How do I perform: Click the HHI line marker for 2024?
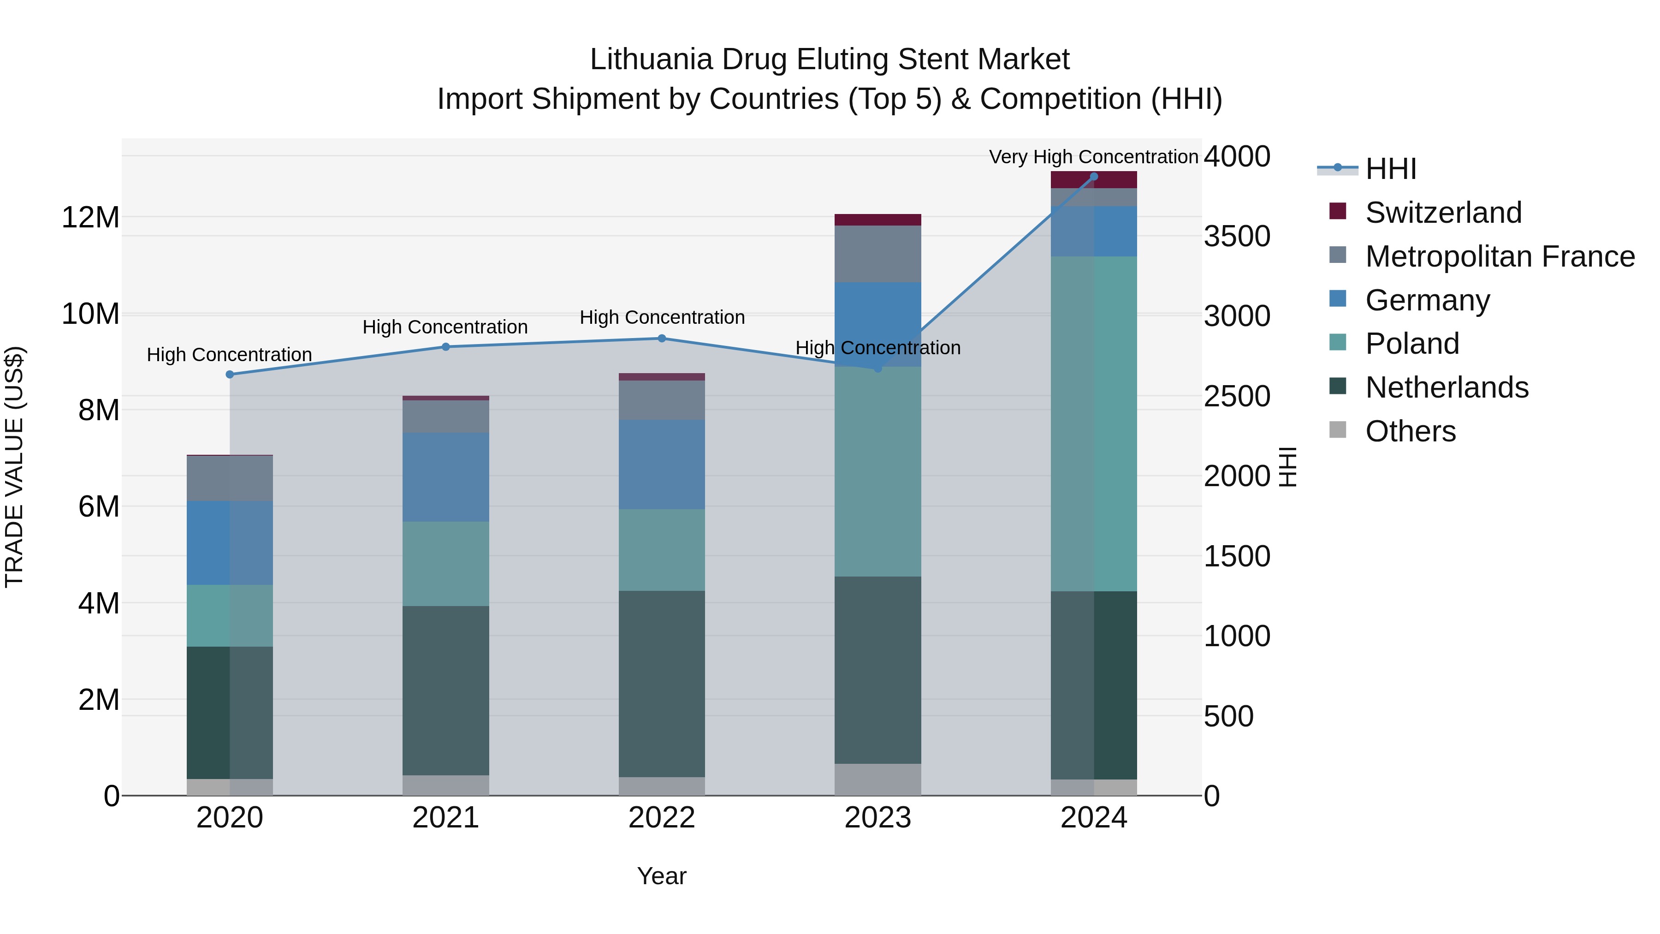[1094, 177]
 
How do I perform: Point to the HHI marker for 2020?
[230, 375]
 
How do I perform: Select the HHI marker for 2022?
[662, 339]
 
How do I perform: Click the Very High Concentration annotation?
[1094, 157]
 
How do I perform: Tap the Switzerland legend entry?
[1443, 213]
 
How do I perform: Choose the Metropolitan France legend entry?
[1500, 256]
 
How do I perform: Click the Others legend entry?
[1410, 431]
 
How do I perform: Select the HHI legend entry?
[1391, 169]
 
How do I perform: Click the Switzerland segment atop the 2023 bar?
[877, 220]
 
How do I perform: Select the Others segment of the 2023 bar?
[877, 779]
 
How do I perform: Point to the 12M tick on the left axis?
[90, 218]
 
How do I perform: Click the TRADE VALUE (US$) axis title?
[14, 467]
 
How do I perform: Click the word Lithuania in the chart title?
[651, 59]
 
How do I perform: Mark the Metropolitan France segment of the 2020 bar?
[230, 478]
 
